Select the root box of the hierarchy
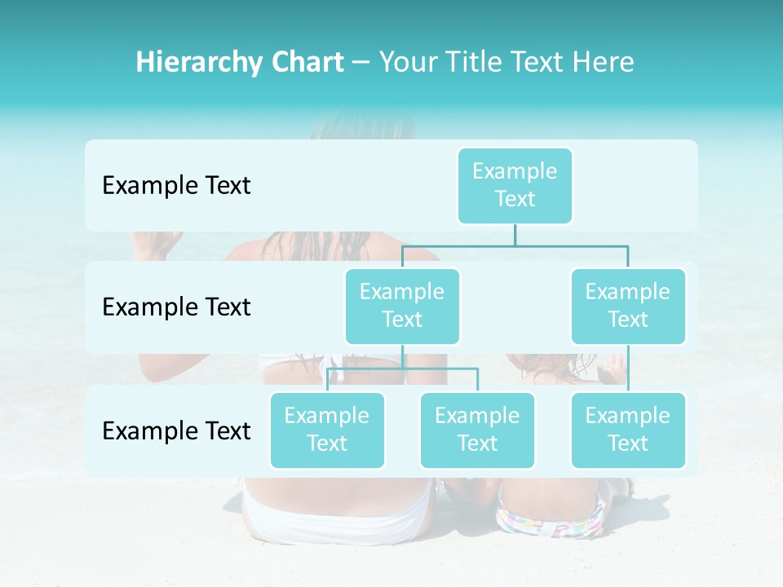pos(515,185)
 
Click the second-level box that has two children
pos(402,306)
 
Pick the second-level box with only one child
pos(628,306)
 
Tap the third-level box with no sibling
pos(628,430)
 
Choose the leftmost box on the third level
pos(327,430)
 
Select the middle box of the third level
pos(477,430)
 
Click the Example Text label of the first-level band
pos(176,186)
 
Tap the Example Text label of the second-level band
pos(176,307)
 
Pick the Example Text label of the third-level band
pos(176,430)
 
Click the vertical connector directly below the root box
pos(515,235)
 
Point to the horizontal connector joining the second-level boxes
pos(515,245)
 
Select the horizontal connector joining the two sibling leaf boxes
pos(402,369)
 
